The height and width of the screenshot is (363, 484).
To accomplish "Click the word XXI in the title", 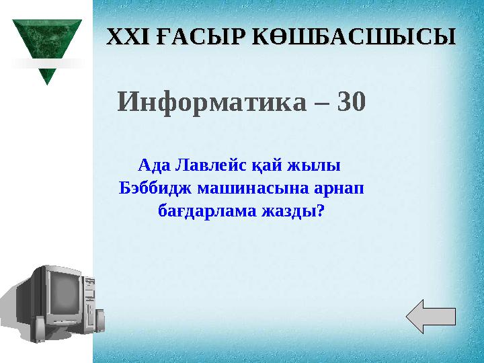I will tap(127, 36).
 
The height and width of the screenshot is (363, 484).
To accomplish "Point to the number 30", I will tap(351, 102).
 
